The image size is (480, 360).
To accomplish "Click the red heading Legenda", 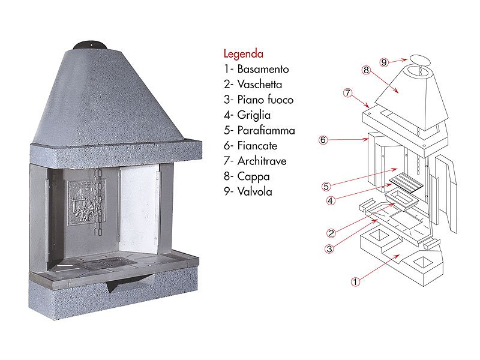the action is click(x=244, y=54).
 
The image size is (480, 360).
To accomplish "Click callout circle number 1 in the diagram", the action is click(x=355, y=281).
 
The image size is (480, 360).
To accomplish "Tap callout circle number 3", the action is click(x=329, y=249).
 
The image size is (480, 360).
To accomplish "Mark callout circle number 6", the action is click(x=323, y=140).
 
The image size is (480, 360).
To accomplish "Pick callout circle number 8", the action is click(x=366, y=70).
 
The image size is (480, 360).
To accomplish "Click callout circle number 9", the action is click(x=384, y=62).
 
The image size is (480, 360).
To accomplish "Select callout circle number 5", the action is click(x=326, y=186).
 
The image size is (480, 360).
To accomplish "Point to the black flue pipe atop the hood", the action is click(x=91, y=46).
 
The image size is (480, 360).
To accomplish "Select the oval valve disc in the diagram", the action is click(x=420, y=60).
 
